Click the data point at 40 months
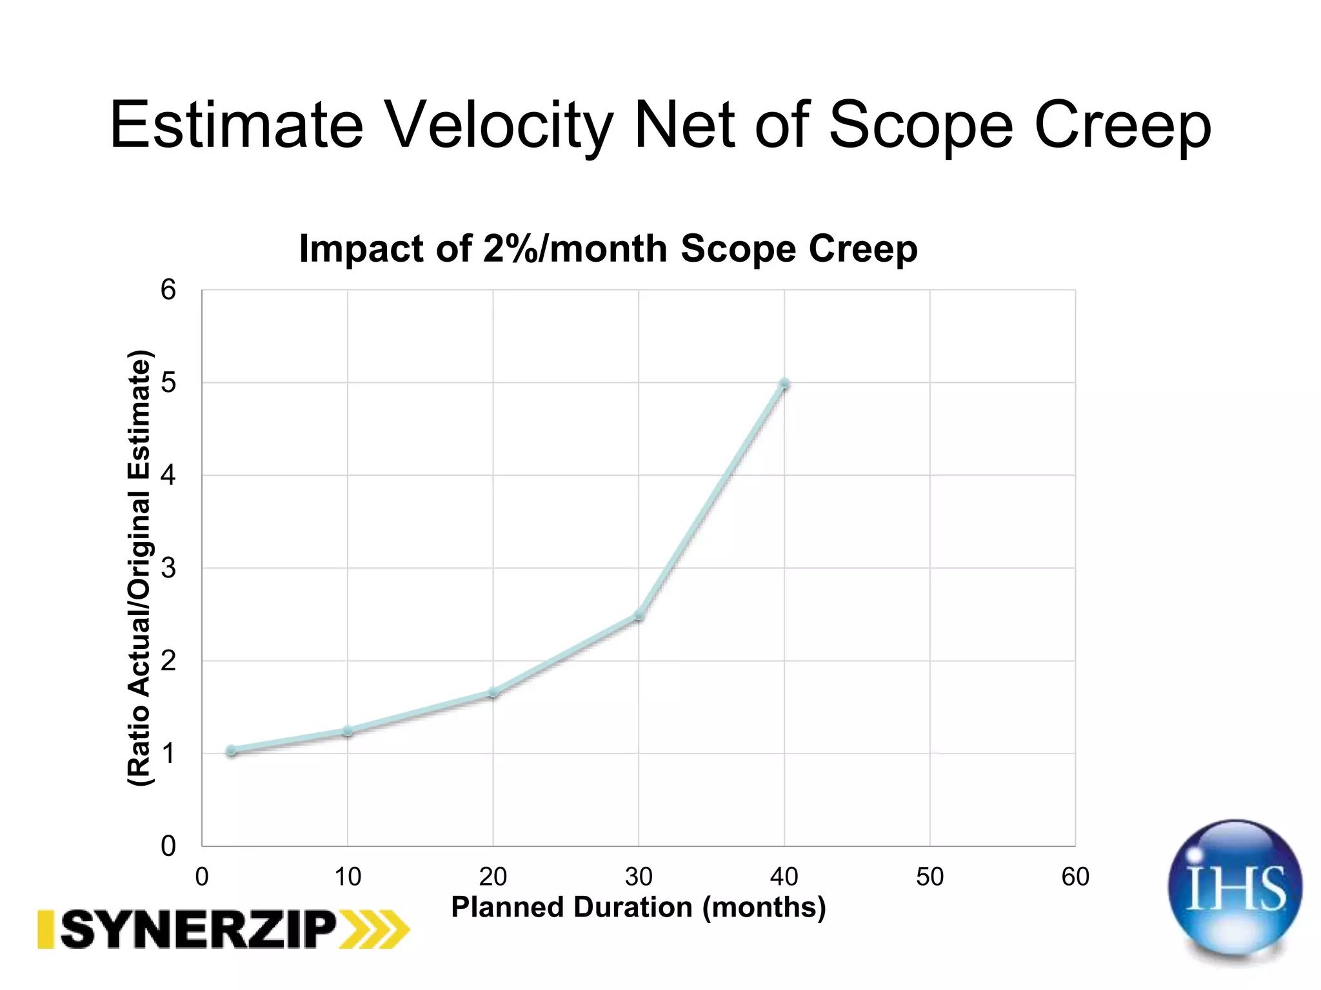click(784, 384)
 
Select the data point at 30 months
click(639, 616)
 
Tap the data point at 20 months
click(493, 693)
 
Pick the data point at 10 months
click(348, 731)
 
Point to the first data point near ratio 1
click(232, 750)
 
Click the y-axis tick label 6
click(168, 290)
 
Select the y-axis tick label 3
click(168, 568)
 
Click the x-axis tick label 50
click(929, 877)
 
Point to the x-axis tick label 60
click(1075, 877)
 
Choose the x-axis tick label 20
click(493, 877)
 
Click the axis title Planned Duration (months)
click(638, 907)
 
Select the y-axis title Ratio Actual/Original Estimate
click(139, 567)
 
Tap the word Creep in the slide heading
click(1122, 125)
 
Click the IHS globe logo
click(1235, 889)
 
